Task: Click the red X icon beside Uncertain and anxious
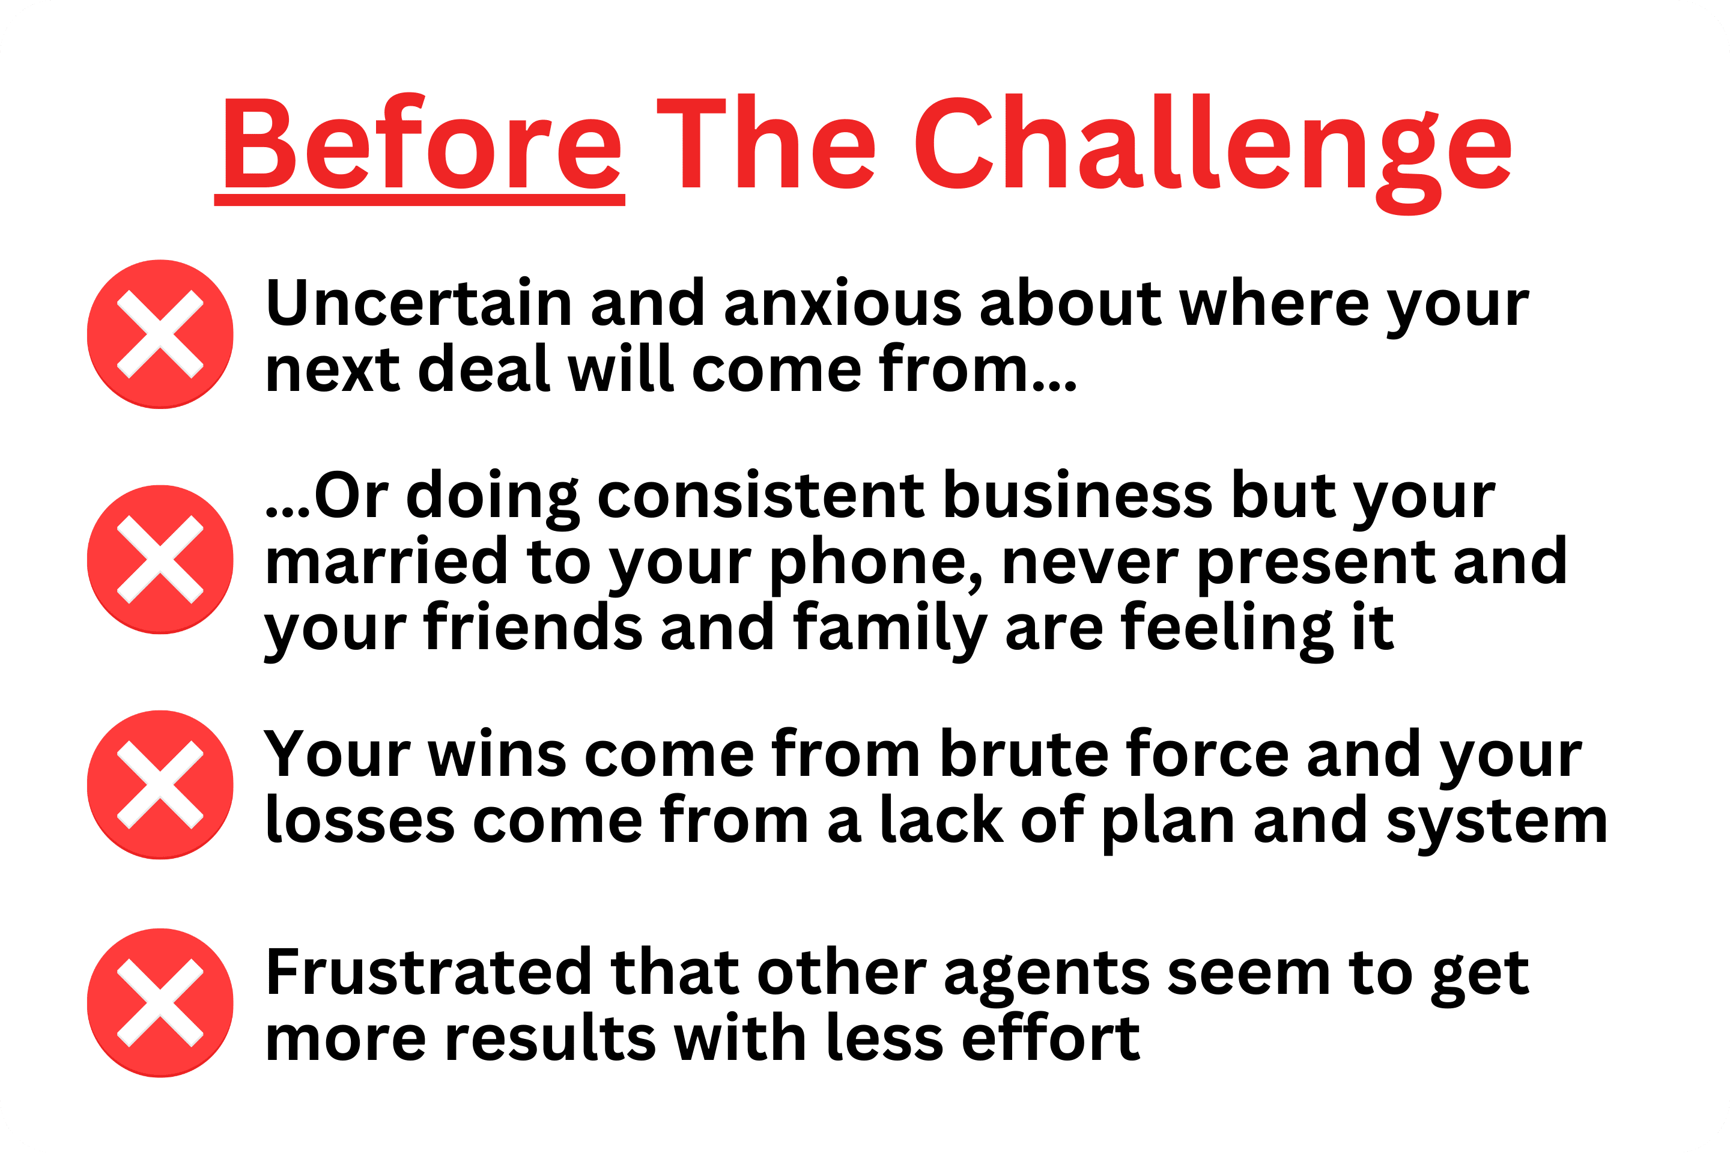coord(160,334)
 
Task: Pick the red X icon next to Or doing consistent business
coord(160,559)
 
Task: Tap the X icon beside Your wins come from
coord(160,785)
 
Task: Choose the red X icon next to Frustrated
coord(160,1003)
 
